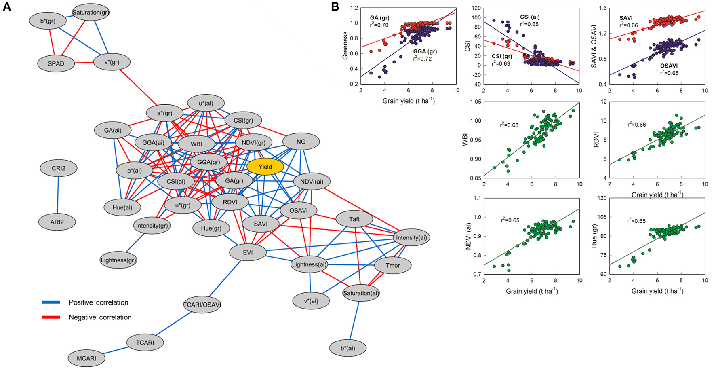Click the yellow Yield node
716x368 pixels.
tap(265, 167)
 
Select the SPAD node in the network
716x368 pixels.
tap(56, 63)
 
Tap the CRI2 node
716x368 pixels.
tap(58, 168)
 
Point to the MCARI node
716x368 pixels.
tap(86, 358)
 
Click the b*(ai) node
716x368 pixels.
tap(347, 348)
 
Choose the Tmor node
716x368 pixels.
tap(392, 266)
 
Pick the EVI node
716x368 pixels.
tap(248, 252)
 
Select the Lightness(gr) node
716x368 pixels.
tap(118, 260)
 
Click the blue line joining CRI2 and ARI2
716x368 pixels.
tap(58, 195)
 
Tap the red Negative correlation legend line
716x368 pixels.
tap(51, 317)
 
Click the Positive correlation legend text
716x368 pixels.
tap(98, 302)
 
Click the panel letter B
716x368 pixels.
tap(335, 7)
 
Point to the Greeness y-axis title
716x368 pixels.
tap(345, 46)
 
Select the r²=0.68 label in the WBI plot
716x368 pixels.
tap(509, 125)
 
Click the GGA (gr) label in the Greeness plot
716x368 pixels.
tap(425, 52)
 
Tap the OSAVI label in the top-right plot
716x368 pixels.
tap(669, 66)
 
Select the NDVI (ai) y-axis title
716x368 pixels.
tap(469, 236)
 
